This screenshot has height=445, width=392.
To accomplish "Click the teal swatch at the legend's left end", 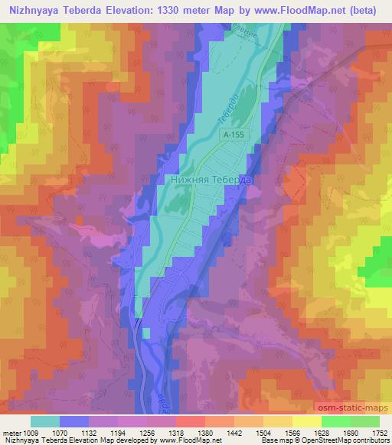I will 45,421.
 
